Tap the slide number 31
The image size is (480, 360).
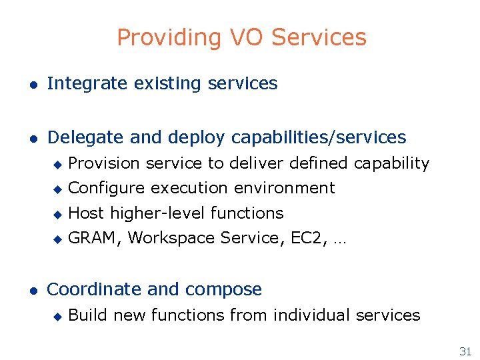point(464,351)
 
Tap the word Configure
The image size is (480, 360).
point(107,189)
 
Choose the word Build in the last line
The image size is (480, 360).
point(88,315)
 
